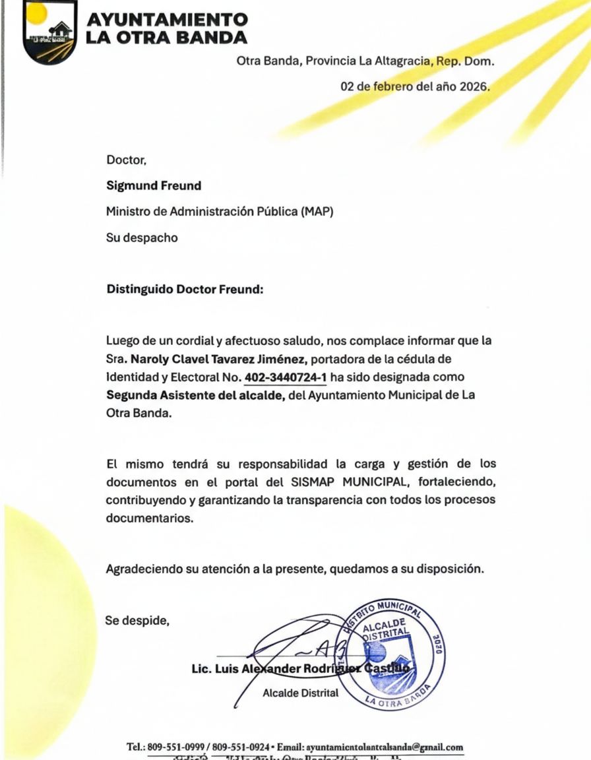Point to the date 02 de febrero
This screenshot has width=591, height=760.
[x=377, y=86]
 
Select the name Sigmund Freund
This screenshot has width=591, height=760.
[x=154, y=186]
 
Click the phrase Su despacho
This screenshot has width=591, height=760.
[x=142, y=237]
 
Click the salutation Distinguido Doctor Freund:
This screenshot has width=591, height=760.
[x=185, y=289]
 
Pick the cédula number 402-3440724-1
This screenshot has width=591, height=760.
[x=286, y=377]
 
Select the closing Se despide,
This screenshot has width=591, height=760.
[x=138, y=620]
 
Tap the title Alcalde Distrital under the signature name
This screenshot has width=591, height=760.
[x=300, y=693]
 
